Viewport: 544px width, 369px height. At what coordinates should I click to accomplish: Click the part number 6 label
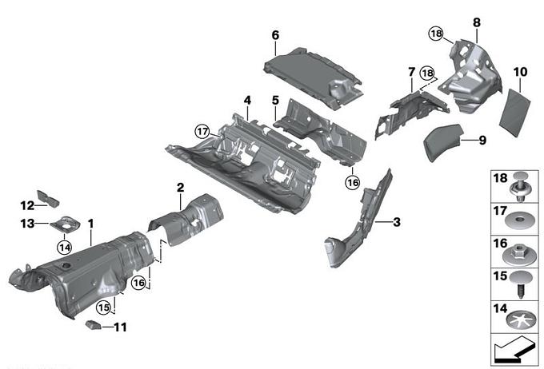[275, 35]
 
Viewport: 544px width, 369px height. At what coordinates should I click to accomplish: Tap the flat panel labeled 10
[515, 113]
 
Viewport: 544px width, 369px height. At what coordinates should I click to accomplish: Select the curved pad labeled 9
[444, 141]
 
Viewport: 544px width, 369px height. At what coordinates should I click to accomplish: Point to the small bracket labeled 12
[48, 199]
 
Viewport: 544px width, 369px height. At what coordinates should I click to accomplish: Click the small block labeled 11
[93, 325]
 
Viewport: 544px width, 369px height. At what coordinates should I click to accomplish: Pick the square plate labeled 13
[65, 224]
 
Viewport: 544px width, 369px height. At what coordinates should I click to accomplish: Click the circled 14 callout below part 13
[65, 248]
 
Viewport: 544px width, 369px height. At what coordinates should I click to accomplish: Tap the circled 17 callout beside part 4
[202, 132]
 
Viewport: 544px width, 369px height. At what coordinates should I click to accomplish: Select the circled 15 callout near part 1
[103, 307]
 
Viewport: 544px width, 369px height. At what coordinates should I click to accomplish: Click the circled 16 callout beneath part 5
[353, 182]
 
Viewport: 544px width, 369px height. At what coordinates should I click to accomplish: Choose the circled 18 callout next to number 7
[427, 73]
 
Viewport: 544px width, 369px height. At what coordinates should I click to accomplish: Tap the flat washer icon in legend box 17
[519, 220]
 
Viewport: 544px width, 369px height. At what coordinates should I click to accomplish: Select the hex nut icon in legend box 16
[518, 255]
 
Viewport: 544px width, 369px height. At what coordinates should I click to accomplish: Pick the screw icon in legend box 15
[522, 285]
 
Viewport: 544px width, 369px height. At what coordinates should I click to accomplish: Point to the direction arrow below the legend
[514, 351]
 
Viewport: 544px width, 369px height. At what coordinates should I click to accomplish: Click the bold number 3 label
[397, 222]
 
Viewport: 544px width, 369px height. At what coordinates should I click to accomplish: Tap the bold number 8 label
[477, 22]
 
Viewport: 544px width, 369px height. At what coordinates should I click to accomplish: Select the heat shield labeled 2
[186, 220]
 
